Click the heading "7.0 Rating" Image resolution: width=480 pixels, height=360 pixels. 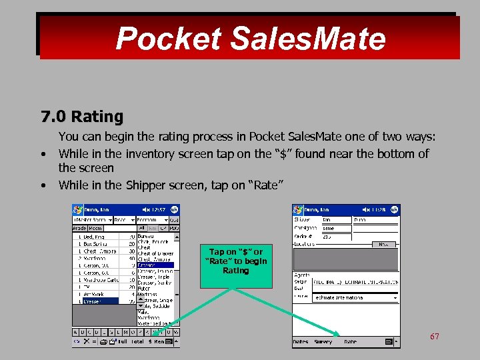click(x=82, y=117)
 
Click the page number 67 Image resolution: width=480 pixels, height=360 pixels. click(x=434, y=337)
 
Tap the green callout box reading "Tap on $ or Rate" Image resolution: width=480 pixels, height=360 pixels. click(x=235, y=261)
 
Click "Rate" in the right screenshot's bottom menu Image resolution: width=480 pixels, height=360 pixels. click(x=350, y=341)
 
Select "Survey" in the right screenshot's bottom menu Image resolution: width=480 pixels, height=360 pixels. click(x=323, y=341)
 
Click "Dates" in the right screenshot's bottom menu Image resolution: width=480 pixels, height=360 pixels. click(x=300, y=341)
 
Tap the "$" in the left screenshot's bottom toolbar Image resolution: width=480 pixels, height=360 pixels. click(x=151, y=341)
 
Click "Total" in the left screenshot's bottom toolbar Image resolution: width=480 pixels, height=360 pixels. click(x=137, y=341)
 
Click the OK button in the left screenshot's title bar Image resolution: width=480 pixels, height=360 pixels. click(x=174, y=209)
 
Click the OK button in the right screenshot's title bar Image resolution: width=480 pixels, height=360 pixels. click(x=394, y=209)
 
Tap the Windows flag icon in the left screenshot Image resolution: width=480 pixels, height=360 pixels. click(x=77, y=209)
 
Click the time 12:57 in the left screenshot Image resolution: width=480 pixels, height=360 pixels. click(x=158, y=209)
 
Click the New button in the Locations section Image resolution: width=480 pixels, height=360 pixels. click(x=383, y=245)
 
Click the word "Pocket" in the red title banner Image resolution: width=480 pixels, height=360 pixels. click(x=168, y=39)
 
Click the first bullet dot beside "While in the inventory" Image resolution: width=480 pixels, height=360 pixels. click(x=43, y=155)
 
